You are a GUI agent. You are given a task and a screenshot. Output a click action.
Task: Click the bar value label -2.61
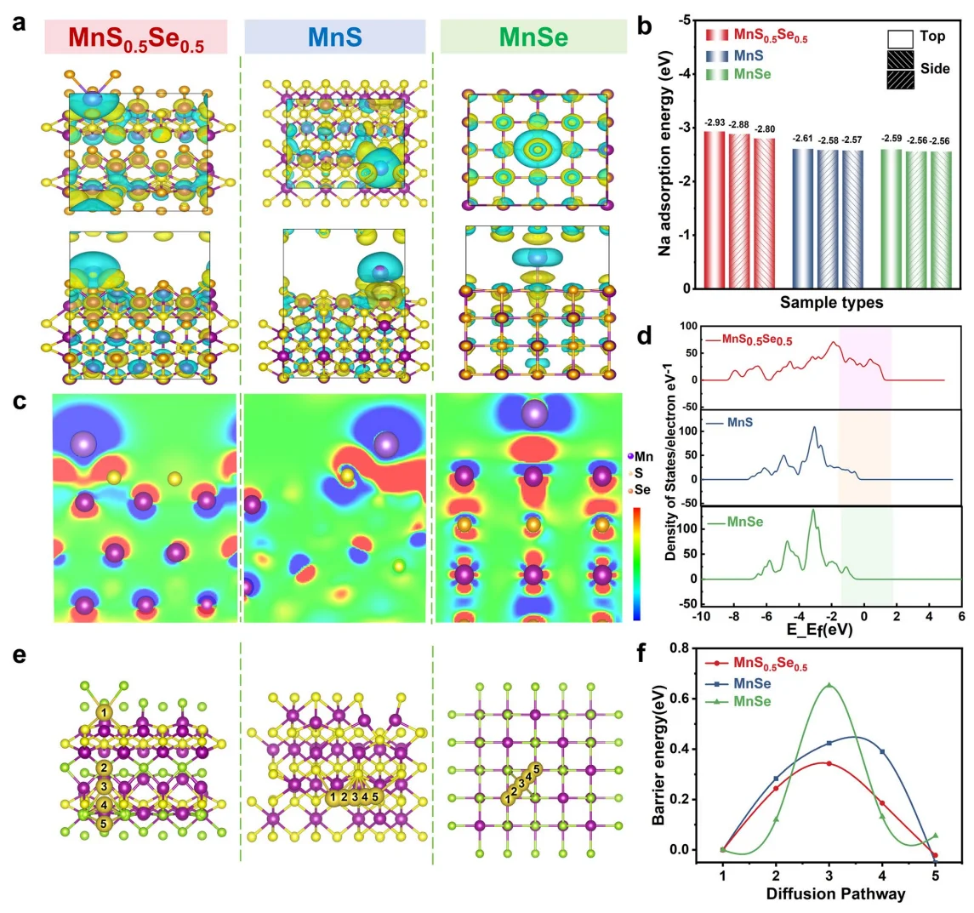click(x=804, y=139)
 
